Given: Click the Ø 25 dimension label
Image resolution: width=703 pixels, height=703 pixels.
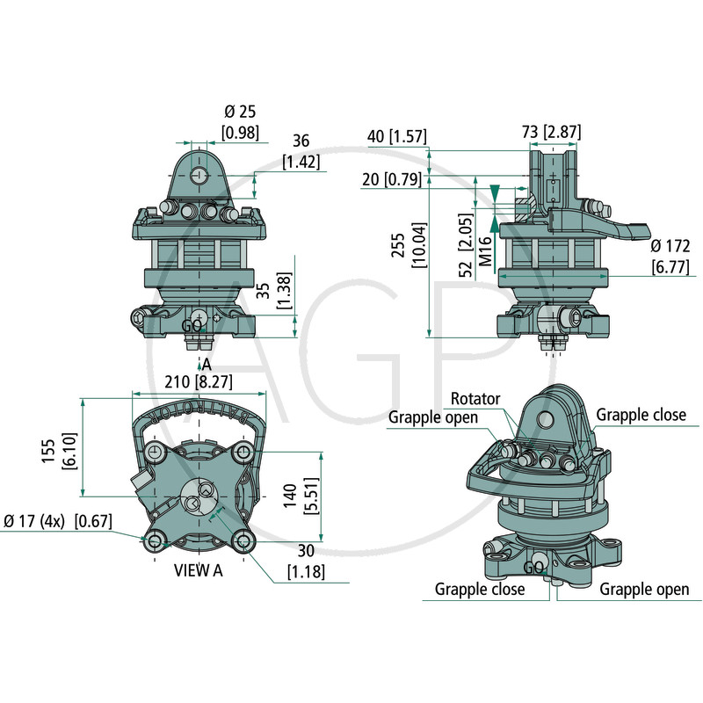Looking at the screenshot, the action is pos(240,112).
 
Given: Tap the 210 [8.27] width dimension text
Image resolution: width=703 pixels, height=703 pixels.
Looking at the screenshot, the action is pos(199,382).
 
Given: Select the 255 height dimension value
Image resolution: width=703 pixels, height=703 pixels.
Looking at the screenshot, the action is pos(398,245).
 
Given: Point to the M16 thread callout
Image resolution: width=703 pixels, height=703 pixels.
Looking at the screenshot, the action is pos(485,251).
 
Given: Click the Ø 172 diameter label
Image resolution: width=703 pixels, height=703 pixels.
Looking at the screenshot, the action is pos(670,246).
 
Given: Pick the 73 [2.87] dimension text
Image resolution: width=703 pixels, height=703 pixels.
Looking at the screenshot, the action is pos(552,133).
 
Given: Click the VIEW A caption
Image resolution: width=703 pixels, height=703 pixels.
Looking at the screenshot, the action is pos(199,570).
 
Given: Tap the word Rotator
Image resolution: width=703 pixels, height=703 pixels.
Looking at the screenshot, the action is pos(475,399).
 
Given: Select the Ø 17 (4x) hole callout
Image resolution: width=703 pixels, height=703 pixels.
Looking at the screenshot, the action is pos(34,521).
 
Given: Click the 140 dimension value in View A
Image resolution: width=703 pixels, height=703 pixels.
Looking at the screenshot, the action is pos(290,496).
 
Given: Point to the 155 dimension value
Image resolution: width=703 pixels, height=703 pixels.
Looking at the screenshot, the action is pos(47,451).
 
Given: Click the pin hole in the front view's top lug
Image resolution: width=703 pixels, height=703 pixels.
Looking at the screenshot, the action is pos(199,175).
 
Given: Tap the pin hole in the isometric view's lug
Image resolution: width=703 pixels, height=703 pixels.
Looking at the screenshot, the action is pos(545,419).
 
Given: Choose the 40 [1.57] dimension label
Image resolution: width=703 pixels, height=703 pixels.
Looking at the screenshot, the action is pos(397,136).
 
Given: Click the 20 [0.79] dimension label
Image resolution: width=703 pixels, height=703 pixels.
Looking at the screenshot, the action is pos(392,179).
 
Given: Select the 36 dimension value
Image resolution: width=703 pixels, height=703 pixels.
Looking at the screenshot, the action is pos(301,141).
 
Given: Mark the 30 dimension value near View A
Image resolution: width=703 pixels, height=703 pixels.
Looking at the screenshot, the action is pos(306,551).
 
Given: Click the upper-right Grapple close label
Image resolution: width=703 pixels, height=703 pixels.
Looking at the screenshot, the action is pos(641,415).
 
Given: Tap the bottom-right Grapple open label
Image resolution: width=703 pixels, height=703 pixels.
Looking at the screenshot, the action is pos(644,589).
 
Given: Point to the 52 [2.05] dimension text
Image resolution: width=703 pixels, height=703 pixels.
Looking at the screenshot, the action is pos(467,245).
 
